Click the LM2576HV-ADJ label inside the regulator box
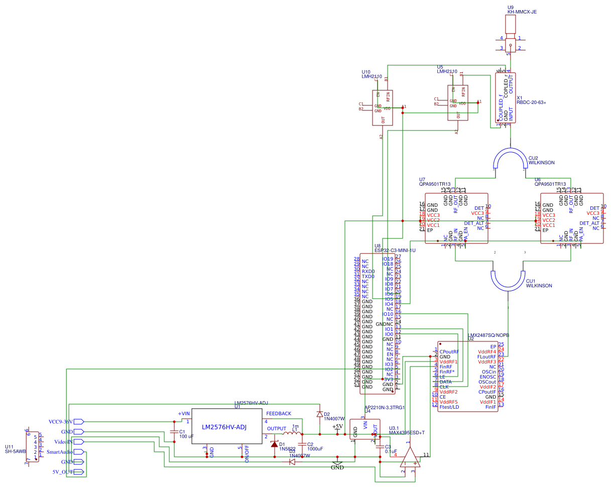224,427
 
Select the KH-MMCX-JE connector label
522,12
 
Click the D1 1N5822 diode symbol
274,444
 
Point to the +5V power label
337,427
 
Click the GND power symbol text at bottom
337,467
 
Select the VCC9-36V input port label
61,422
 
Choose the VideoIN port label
64,442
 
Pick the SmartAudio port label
60,452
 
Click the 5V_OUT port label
63,472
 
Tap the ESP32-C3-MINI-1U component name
395,250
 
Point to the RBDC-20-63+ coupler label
531,102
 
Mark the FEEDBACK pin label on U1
279,414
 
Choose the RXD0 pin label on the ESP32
368,271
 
